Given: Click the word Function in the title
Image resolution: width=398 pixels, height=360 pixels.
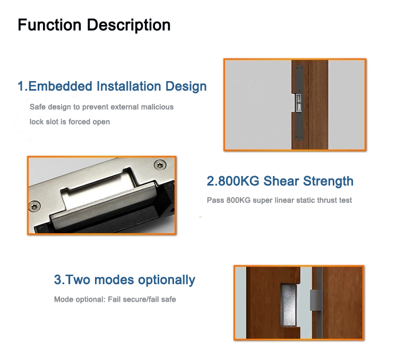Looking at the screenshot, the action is click(x=49, y=25).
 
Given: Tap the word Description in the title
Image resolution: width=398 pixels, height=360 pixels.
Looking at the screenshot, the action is click(x=129, y=25).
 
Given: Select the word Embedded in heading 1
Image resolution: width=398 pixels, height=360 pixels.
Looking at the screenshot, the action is click(x=60, y=86).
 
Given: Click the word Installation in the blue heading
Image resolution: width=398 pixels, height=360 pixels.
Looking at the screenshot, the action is click(x=129, y=86).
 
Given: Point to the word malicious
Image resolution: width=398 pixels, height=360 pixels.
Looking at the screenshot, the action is click(x=157, y=107).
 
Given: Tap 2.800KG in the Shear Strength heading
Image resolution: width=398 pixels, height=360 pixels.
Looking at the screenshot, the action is click(x=233, y=181).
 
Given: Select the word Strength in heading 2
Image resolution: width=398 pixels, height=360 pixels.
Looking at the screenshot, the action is click(x=328, y=181).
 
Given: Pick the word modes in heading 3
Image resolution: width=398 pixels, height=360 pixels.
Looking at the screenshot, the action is click(x=114, y=280).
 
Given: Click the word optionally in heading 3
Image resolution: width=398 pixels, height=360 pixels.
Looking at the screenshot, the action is click(x=167, y=280).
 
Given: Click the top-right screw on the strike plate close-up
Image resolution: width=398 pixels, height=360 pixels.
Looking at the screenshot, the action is click(x=160, y=165).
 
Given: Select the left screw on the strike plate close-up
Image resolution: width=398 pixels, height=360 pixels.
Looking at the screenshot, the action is click(x=34, y=206).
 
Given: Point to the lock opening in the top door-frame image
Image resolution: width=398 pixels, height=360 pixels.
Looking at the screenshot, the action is click(x=298, y=103).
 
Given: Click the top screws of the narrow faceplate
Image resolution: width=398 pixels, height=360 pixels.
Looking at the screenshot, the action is click(x=299, y=68).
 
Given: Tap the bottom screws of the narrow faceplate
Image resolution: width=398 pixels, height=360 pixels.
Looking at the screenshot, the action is click(x=299, y=138).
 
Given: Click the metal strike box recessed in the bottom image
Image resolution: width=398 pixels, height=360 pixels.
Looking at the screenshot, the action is click(x=289, y=305).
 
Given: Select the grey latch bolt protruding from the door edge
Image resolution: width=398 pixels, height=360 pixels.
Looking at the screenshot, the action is click(x=315, y=300).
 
